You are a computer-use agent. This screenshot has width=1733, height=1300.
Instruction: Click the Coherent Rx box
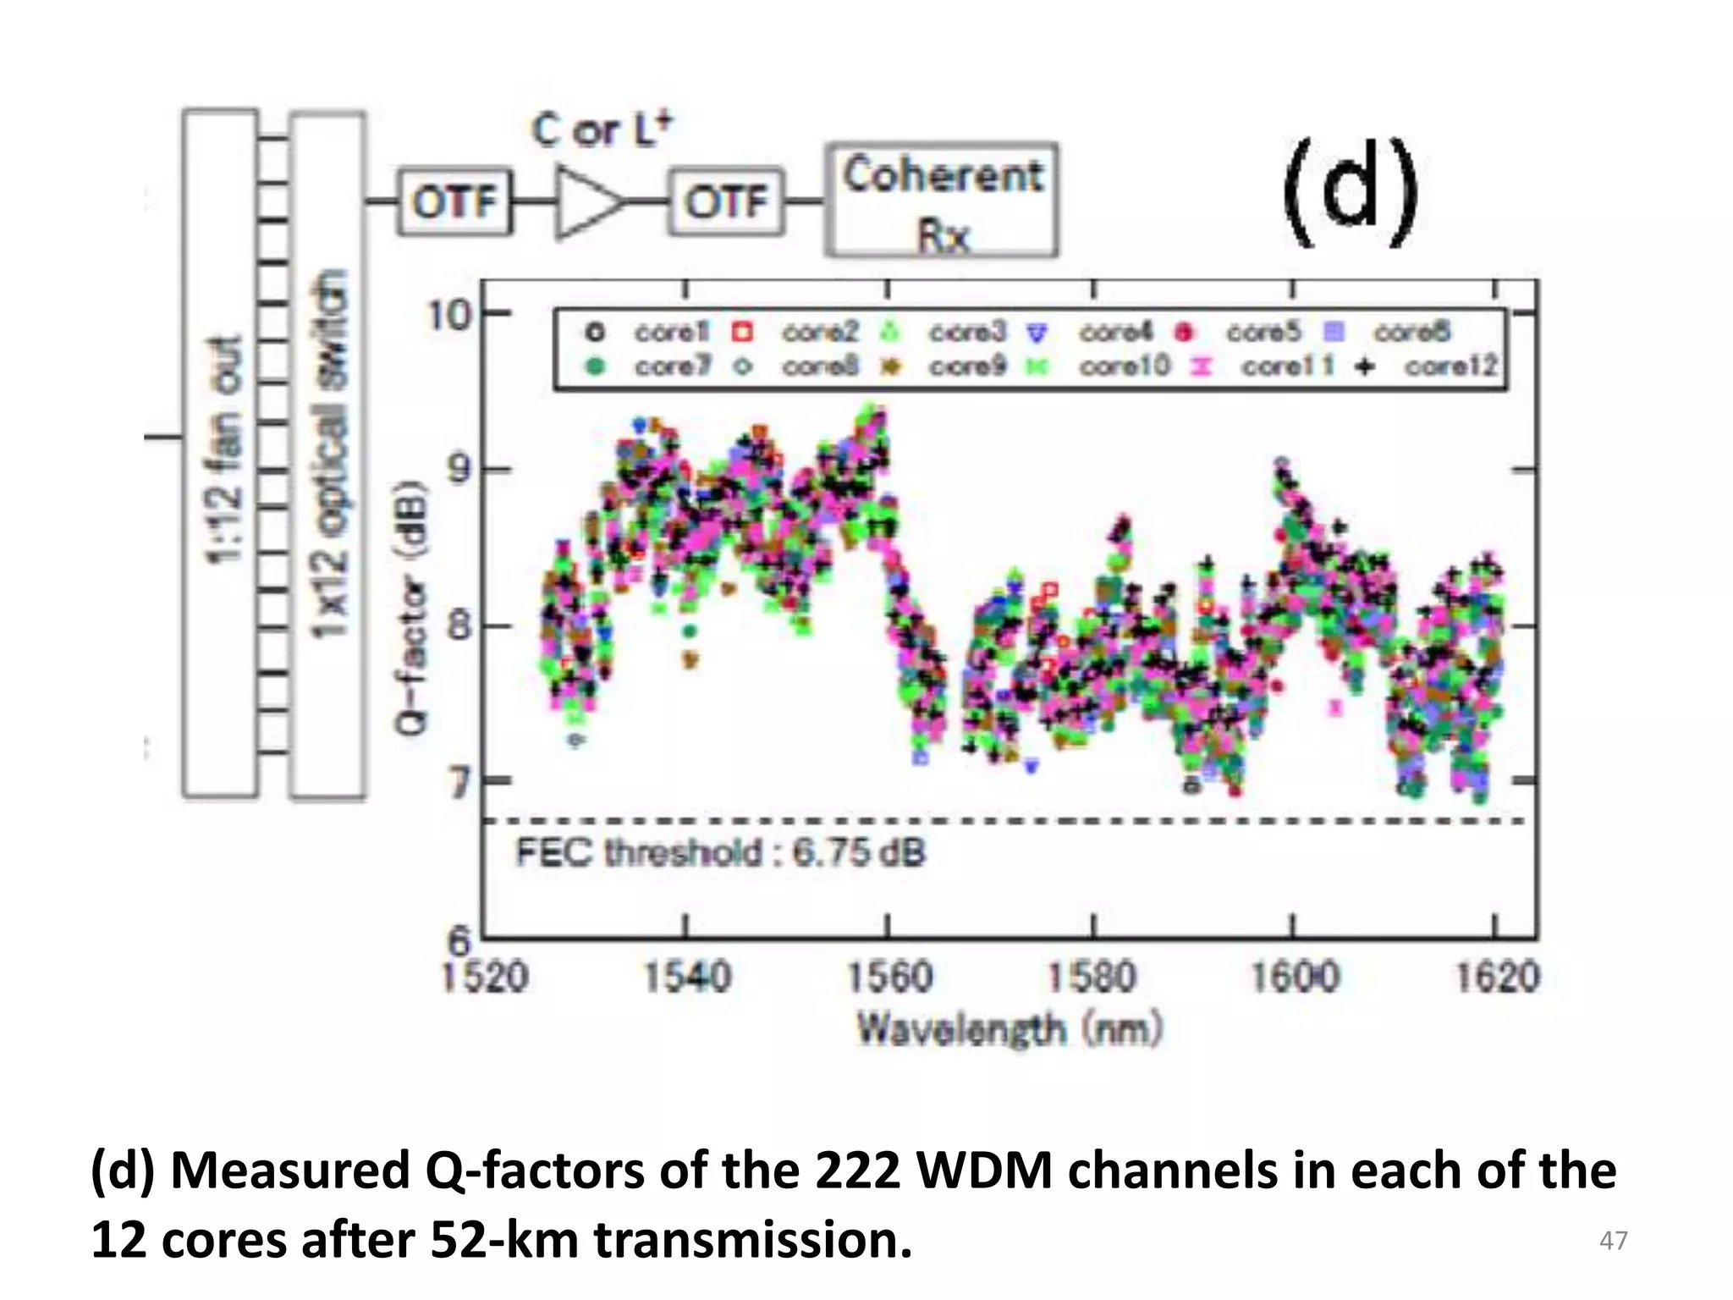[942, 201]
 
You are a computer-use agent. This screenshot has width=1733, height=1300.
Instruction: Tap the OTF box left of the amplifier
[455, 202]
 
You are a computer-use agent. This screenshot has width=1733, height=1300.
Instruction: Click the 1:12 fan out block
[221, 453]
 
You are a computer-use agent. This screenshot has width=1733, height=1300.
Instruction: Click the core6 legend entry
[1388, 332]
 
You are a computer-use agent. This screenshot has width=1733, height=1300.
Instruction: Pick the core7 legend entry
[652, 366]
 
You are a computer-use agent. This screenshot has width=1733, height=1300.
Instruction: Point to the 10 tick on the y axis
[448, 315]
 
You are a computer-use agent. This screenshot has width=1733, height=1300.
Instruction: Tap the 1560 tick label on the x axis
[890, 978]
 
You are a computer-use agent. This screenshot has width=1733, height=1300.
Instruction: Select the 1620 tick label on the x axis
[1497, 978]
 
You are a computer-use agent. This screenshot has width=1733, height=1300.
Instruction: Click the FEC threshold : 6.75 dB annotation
[720, 852]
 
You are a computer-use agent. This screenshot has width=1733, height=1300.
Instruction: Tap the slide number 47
[1613, 1241]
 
